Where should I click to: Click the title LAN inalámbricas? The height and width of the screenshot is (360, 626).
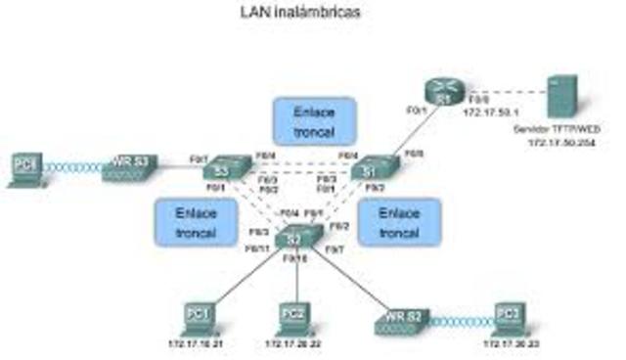click(300, 14)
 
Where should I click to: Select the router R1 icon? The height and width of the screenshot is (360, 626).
click(441, 91)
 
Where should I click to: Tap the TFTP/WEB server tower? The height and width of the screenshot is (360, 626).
click(561, 97)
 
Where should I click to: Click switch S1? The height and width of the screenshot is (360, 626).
click(370, 168)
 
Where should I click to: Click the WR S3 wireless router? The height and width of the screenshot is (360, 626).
click(129, 167)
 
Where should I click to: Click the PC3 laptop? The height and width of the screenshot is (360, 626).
click(508, 315)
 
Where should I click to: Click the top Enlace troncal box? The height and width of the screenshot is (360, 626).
click(313, 120)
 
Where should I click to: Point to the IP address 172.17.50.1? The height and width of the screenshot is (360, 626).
click(487, 114)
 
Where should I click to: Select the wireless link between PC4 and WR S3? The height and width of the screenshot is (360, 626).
click(71, 168)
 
